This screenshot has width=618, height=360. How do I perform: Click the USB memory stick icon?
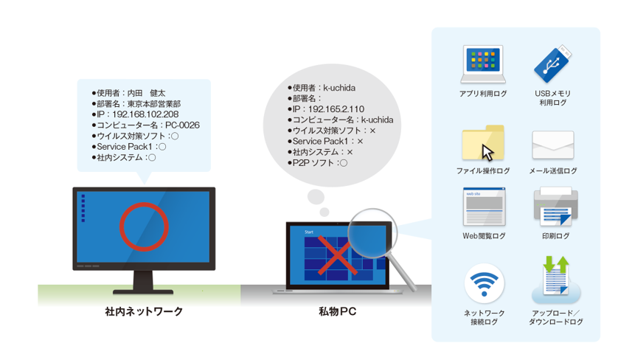552,63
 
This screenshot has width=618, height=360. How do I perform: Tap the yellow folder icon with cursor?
483,143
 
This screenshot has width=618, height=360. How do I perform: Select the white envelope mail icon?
553,145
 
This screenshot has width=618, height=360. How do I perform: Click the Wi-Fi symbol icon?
484,283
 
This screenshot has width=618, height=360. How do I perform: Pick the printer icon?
556,207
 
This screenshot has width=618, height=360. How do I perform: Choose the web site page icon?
484,207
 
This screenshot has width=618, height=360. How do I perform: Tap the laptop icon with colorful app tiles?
483,64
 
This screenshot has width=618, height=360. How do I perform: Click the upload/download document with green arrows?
556,277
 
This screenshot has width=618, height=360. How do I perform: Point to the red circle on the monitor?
145,204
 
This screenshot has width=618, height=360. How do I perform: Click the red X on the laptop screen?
337,255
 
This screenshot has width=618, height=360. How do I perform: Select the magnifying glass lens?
372,233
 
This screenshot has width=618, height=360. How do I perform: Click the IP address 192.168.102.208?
145,114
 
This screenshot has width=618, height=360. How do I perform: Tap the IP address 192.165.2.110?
336,109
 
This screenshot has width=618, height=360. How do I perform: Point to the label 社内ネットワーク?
144,311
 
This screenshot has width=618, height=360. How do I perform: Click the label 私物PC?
337,311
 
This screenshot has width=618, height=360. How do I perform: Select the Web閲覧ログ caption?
484,236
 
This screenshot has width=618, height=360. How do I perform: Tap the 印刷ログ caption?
556,236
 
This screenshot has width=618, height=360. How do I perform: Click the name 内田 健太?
146,93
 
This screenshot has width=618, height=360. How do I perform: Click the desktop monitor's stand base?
143,292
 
